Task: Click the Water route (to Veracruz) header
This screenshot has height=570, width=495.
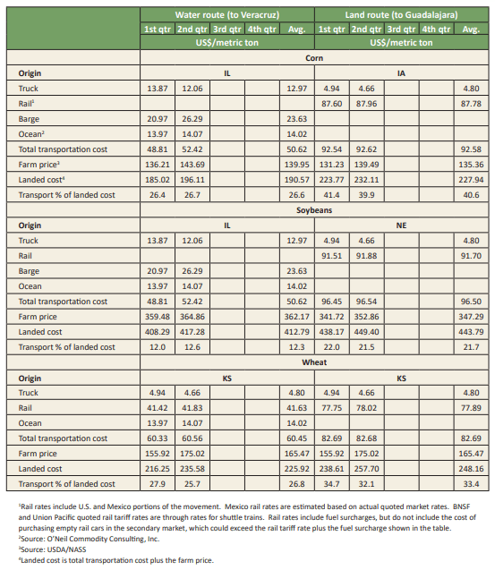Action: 227,15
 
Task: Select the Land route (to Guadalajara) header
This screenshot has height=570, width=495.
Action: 401,15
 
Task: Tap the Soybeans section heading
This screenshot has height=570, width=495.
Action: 314,210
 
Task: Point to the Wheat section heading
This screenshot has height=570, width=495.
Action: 314,362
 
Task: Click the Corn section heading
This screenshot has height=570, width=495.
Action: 314,58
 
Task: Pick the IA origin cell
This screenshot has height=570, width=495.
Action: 401,73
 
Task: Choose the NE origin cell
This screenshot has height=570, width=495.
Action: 401,225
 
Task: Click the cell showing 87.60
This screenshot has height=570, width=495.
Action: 332,104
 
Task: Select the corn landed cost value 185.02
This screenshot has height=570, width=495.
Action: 158,180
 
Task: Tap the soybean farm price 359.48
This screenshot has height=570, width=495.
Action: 158,317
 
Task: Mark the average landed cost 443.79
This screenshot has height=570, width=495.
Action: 471,332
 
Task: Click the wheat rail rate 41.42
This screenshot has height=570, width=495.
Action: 158,408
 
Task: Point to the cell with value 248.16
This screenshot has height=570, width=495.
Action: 471,469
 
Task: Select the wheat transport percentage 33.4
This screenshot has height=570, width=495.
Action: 471,484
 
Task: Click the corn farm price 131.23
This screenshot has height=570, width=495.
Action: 332,165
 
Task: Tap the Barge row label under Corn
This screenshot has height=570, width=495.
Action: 29,119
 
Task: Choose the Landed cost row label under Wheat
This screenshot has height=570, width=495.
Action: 40,469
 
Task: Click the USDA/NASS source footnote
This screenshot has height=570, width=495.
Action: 53,549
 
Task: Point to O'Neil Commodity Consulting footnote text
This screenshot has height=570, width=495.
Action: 90,539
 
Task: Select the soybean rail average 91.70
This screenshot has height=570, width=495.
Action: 471,256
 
